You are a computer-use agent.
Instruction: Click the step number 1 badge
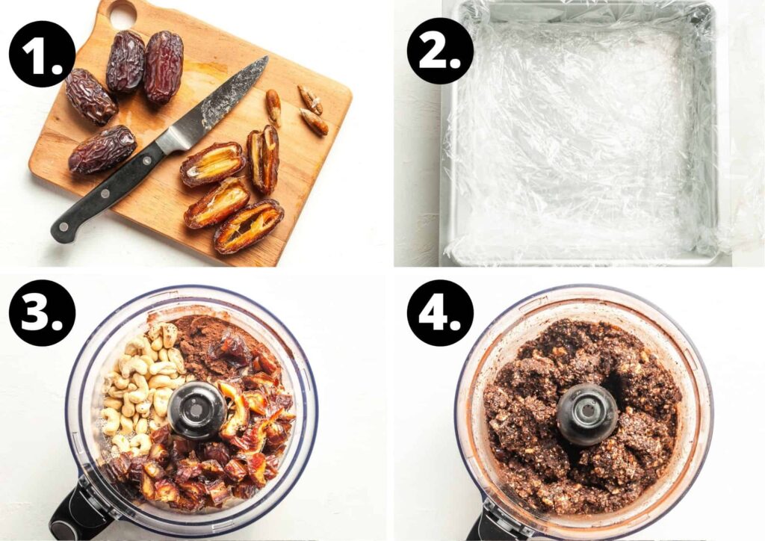[x=42, y=54]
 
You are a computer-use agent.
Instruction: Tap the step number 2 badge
[x=440, y=51]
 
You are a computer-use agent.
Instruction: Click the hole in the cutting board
[x=122, y=14]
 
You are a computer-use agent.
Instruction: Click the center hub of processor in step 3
[x=196, y=409]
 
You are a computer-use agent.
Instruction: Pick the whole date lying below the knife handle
[x=102, y=149]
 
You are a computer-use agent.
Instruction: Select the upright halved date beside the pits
[x=264, y=158]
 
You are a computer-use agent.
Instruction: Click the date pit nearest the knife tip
[x=273, y=107]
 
